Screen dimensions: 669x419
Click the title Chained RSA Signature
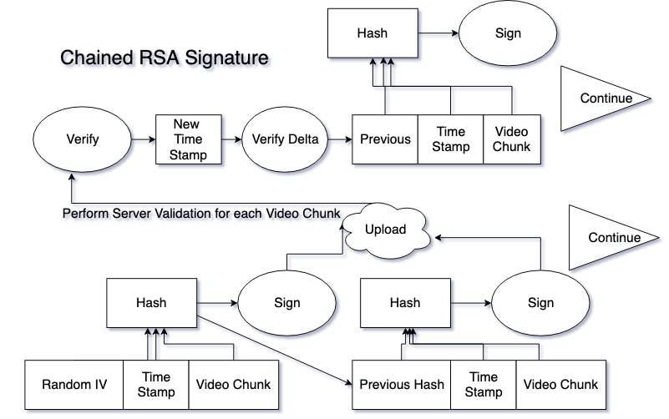tap(165, 58)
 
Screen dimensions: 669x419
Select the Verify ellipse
tap(83, 139)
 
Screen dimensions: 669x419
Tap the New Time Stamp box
tap(188, 139)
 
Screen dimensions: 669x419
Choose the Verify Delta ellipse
tap(285, 139)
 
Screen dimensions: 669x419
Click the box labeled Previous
tap(385, 139)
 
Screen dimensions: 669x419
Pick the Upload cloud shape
tap(386, 230)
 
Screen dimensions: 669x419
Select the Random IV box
tap(73, 385)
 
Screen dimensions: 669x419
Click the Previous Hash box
tap(401, 385)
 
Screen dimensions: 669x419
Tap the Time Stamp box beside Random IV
tap(156, 385)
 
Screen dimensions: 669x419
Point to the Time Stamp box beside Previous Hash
tap(484, 385)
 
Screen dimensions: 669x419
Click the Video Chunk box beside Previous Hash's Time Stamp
tap(561, 385)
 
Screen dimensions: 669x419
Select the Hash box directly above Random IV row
tap(151, 303)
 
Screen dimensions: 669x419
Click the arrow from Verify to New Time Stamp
tap(144, 139)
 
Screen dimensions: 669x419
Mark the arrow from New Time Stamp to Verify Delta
tap(231, 139)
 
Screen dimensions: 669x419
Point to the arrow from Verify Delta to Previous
tap(340, 139)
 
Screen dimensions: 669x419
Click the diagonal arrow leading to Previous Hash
tap(275, 351)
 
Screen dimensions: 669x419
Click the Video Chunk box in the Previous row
tap(512, 139)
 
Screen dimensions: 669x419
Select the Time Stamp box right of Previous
tap(450, 139)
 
